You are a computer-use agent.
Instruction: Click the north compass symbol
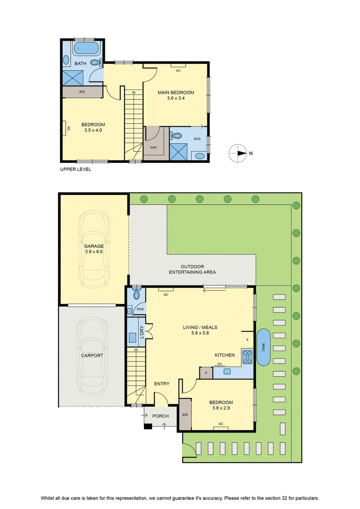[x=238, y=153]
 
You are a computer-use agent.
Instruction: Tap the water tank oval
[x=264, y=347]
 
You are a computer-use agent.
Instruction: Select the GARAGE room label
[x=94, y=246]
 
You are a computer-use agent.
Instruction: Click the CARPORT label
[x=92, y=356]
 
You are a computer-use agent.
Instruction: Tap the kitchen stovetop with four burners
[x=247, y=357]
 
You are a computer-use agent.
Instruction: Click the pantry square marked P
[x=206, y=373]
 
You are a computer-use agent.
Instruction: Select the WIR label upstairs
[x=153, y=147]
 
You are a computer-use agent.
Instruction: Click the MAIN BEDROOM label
[x=176, y=93]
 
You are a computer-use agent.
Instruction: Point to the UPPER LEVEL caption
[x=76, y=169]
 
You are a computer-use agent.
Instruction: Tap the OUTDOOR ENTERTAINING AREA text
[x=192, y=270]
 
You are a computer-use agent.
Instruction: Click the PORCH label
[x=160, y=416]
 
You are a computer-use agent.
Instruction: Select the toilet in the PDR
[x=136, y=294]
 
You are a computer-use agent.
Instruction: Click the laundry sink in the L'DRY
[x=132, y=337]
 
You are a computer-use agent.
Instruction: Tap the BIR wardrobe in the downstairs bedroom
[x=185, y=414]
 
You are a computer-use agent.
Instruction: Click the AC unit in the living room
[x=166, y=289]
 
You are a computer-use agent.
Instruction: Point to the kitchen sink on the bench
[x=227, y=371]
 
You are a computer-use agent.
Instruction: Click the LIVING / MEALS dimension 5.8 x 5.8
[x=200, y=333]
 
